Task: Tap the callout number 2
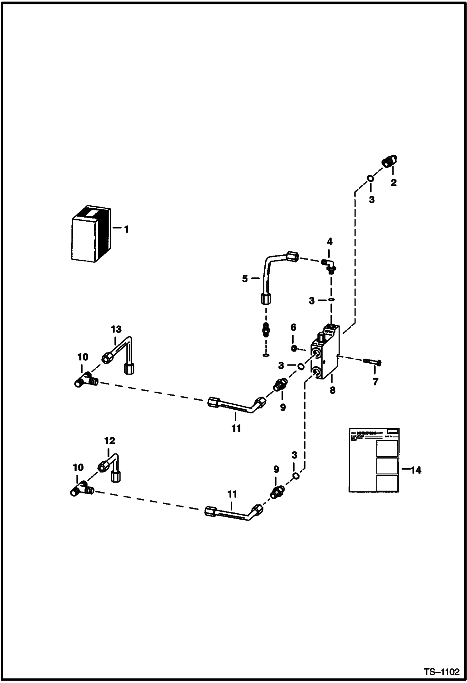pyautogui.click(x=393, y=183)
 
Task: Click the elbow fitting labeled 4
pyautogui.click(x=330, y=265)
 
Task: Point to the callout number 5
pyautogui.click(x=245, y=279)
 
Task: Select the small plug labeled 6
pyautogui.click(x=293, y=348)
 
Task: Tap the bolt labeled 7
pyautogui.click(x=372, y=362)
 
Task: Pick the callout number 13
pyautogui.click(x=116, y=329)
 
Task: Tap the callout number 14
pyautogui.click(x=416, y=470)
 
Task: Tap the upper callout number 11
pyautogui.click(x=236, y=428)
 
